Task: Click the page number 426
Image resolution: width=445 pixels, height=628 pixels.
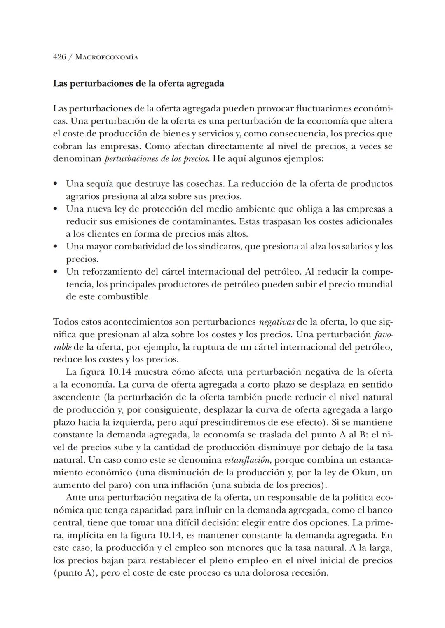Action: tap(59, 57)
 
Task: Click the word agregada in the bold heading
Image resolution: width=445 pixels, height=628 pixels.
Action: tap(205, 84)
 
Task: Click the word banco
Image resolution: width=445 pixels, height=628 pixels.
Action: tap(379, 510)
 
